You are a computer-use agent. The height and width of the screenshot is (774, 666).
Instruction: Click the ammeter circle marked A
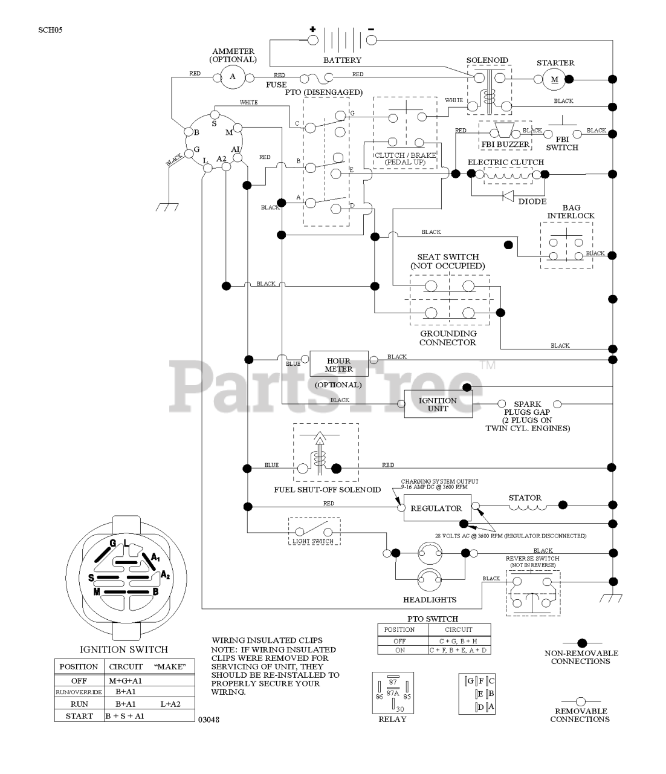(232, 77)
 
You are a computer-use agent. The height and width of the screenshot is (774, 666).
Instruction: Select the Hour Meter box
(338, 365)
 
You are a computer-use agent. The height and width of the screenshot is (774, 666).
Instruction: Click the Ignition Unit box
(438, 405)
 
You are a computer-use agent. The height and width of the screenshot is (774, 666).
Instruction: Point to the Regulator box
(436, 509)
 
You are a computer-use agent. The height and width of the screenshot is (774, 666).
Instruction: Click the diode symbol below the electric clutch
(508, 195)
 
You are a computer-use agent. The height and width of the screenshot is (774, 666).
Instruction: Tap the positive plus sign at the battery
(313, 29)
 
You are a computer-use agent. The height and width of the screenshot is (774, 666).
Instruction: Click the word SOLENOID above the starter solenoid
(487, 60)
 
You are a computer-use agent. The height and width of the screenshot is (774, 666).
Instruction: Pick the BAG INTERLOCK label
(571, 212)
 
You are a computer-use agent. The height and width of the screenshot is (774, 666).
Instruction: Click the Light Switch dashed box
(314, 531)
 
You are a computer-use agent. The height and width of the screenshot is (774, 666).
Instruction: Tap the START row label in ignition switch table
(79, 716)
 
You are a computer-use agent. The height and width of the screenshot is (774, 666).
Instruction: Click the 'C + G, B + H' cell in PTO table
(459, 640)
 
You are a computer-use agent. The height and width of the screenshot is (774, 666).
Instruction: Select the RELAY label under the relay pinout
(392, 720)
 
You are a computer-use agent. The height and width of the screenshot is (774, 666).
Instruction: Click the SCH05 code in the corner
(50, 29)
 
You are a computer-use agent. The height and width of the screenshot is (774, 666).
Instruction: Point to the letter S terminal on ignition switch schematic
(213, 124)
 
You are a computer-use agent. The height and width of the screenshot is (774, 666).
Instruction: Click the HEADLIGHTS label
(430, 600)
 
